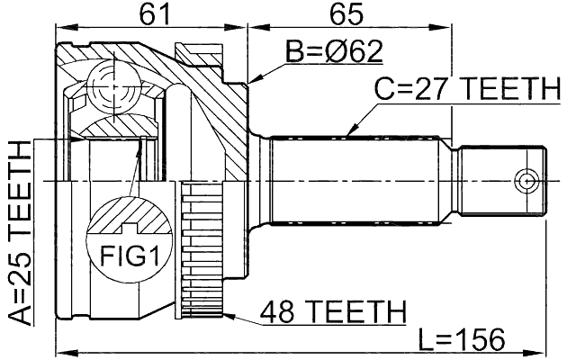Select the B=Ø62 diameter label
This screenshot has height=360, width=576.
(334, 51)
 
